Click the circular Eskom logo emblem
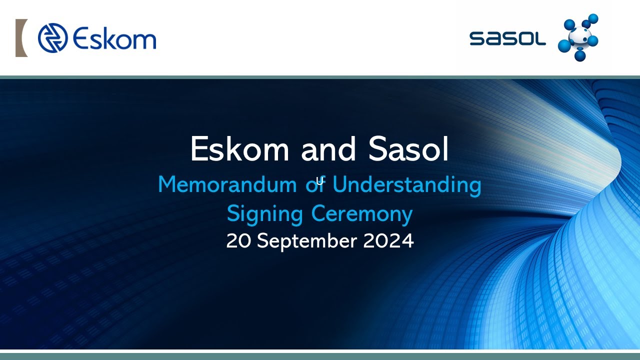pos(52,38)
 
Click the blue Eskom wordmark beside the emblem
pos(114,38)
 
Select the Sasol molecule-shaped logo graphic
pos(578,38)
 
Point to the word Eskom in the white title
pos(240,149)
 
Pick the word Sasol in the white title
pos(408,149)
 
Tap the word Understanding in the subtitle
pos(407,185)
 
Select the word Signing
pos(265,214)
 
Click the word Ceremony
pos(362,214)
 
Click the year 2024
pos(388,241)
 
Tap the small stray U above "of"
pos(319,181)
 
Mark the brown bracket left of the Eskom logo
pos(21,38)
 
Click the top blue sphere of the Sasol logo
pos(593,19)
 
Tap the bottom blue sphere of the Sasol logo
pos(580,55)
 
